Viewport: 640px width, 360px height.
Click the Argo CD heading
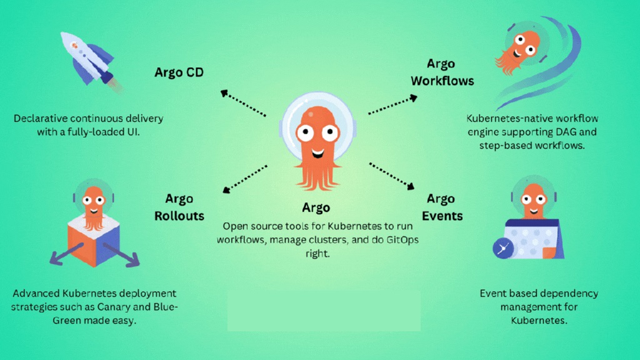[179, 72]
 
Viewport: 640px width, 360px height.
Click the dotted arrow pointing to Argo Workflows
[392, 105]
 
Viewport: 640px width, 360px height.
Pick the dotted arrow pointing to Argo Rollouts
[245, 179]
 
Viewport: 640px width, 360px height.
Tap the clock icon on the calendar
[502, 249]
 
